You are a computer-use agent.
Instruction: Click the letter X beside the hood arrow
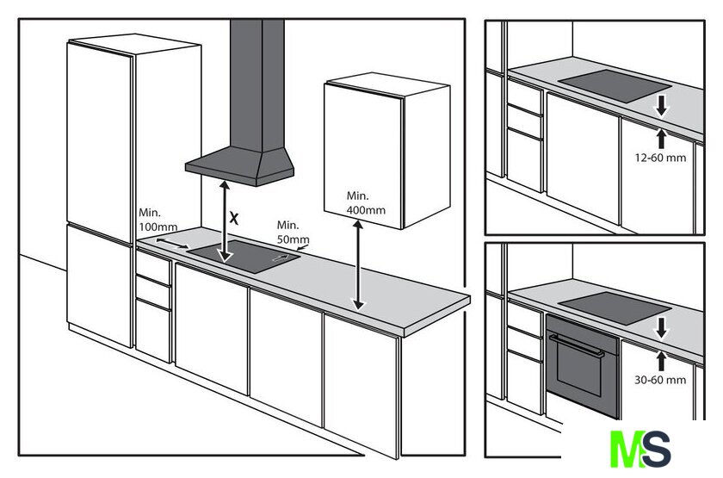pos(234,218)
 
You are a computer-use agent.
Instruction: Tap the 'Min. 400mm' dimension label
pos(365,203)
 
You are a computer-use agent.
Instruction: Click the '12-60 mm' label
pos(660,158)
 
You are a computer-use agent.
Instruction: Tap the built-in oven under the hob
pos(583,362)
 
